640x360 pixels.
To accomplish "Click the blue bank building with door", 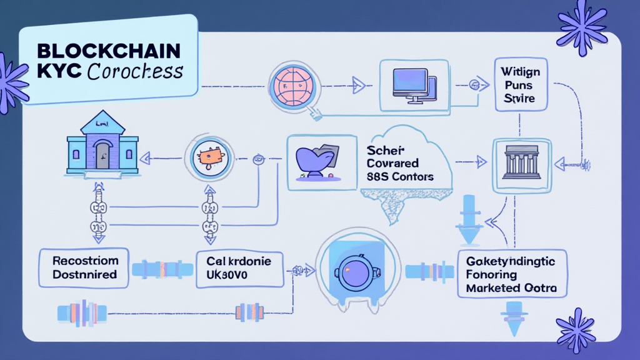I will pos(102,147).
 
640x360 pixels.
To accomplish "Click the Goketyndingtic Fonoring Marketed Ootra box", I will pos(512,274).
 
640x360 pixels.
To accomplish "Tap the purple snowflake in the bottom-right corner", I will pos(576,330).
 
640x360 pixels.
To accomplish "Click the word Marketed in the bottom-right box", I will pos(492,288).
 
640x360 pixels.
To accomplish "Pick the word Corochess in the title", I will pos(136,71).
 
